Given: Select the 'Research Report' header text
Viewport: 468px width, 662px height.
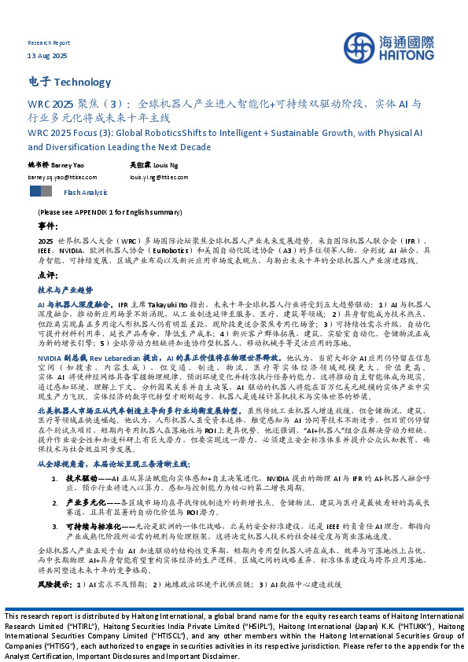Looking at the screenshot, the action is coord(48,42).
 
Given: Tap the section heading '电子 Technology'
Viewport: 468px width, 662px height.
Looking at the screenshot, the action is coord(69,82).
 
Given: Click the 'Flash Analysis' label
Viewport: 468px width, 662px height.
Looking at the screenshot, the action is coord(87,192).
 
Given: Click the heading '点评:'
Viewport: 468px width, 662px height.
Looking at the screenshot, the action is coord(47,276).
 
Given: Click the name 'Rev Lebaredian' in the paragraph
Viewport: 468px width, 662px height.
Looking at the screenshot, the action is coord(101,357).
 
